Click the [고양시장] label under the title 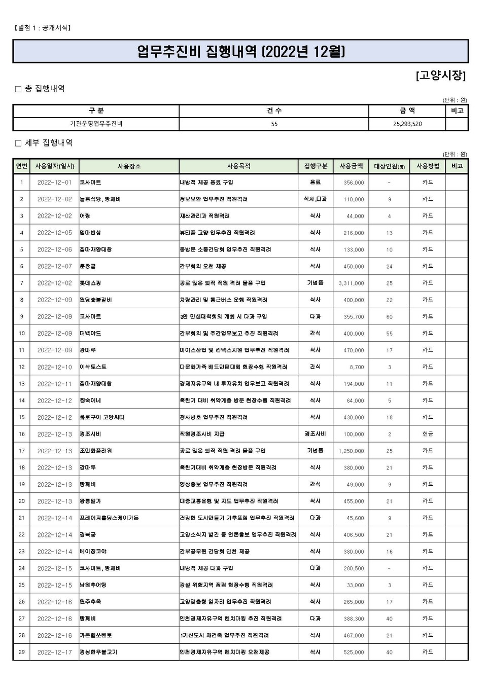(440, 76)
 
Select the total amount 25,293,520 (407, 124)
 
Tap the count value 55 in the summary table (274, 124)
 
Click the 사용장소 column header (129, 166)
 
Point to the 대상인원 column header (389, 166)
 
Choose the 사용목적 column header (238, 166)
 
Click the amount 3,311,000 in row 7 (351, 283)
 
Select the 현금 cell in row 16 (428, 434)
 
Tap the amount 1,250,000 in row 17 (351, 451)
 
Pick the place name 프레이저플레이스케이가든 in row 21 (109, 518)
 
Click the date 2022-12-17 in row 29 (54, 653)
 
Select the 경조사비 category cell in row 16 (315, 434)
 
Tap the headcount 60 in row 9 (389, 317)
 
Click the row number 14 (21, 401)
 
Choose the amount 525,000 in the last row (353, 653)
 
